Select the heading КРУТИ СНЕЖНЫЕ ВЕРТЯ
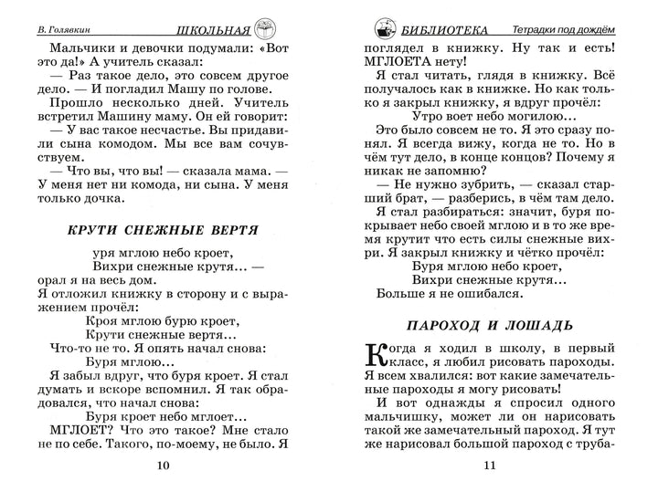click(x=163, y=229)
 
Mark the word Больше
click(x=399, y=294)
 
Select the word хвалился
click(x=428, y=374)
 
